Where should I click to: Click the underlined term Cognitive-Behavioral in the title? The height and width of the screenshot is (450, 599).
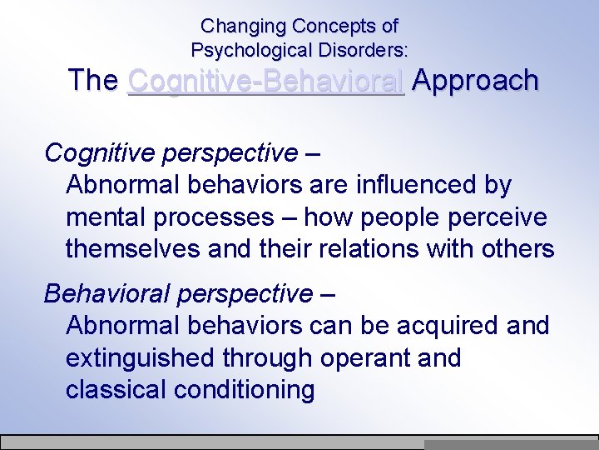[x=266, y=81]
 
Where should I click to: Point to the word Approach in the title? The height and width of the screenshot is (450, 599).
[x=475, y=81]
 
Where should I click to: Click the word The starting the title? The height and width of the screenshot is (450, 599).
[x=93, y=81]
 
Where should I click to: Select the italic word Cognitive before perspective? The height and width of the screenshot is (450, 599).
[x=92, y=153]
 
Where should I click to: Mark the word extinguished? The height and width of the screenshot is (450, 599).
[x=140, y=359]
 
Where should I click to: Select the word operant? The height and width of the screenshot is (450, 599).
[x=358, y=359]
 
